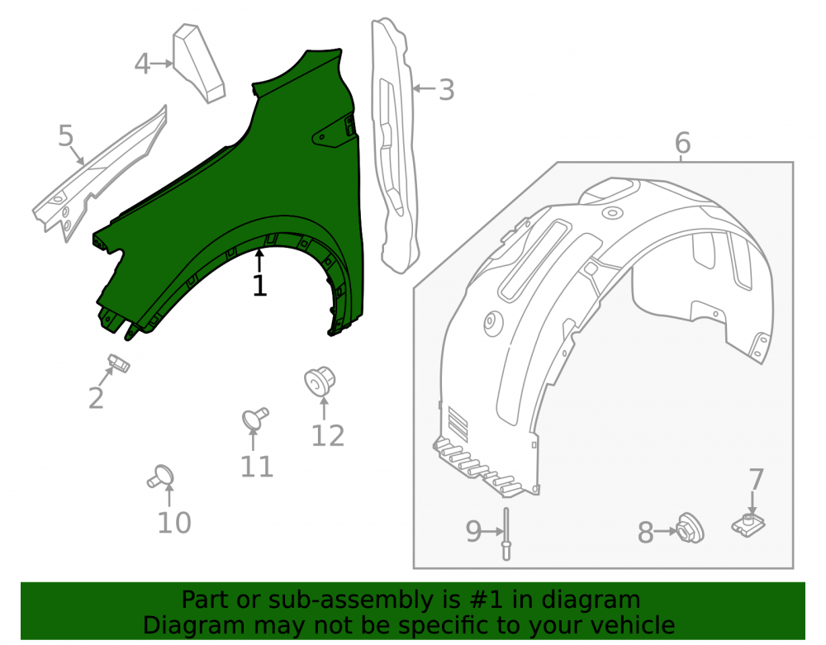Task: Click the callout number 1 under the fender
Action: point(259,286)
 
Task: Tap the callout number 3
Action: point(446,90)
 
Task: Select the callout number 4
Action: point(142,64)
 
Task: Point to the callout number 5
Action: point(66,135)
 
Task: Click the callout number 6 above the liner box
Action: point(682,143)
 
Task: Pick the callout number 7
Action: point(756,479)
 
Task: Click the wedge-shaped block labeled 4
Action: point(199,64)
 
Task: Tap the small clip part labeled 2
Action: point(118,363)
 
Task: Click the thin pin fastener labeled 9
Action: point(506,534)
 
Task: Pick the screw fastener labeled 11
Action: point(255,419)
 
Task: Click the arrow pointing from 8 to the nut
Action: point(665,531)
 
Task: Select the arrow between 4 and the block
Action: point(162,64)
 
